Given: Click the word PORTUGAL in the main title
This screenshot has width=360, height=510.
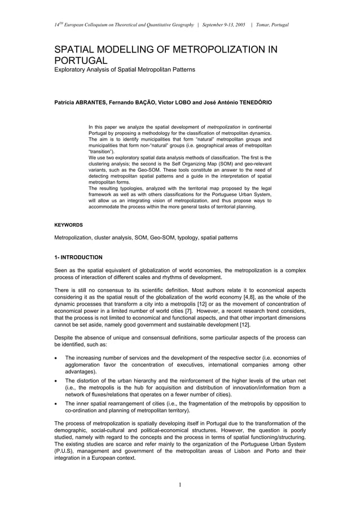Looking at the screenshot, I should (80, 60).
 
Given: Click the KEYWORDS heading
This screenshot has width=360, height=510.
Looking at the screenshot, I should (68, 225).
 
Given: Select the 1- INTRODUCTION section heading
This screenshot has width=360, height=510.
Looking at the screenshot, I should (78, 258).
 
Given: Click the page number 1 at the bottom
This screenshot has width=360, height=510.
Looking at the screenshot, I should (179, 485).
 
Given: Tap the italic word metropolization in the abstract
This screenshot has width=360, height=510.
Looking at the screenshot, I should (225, 127).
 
